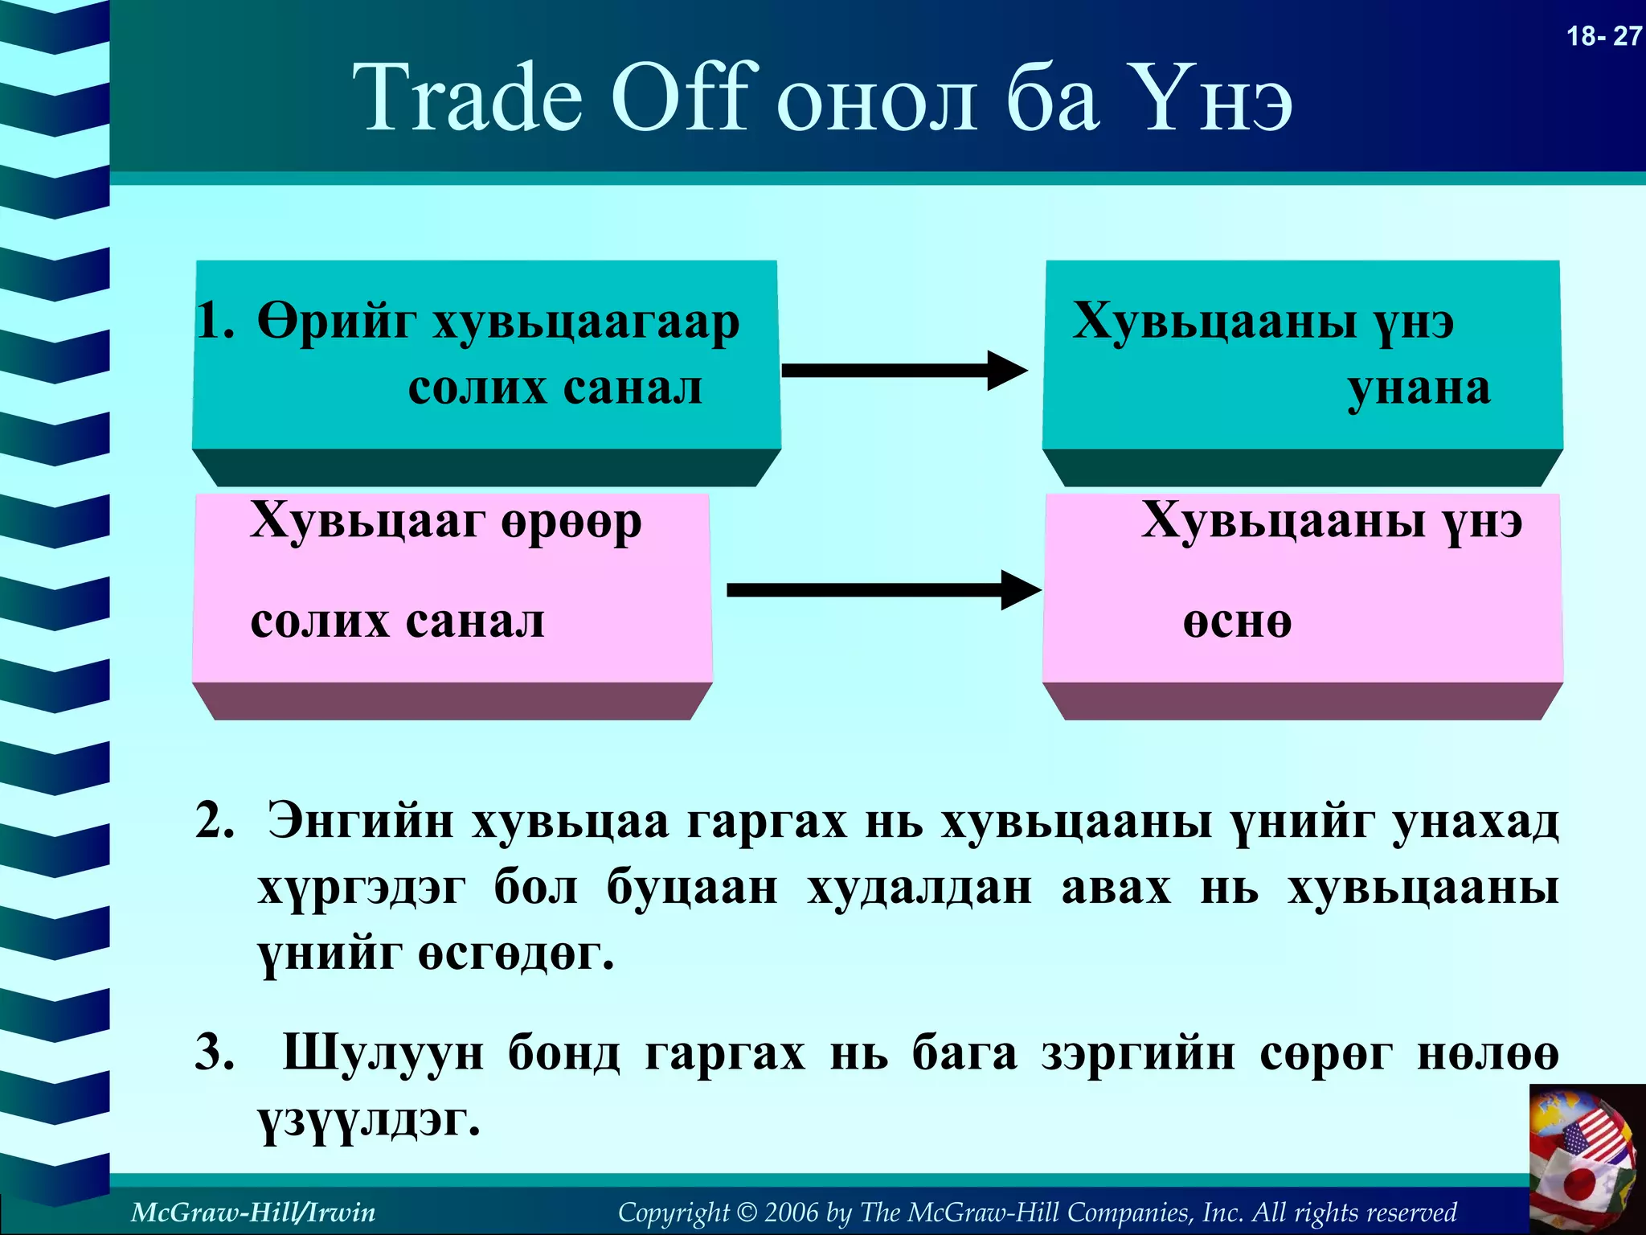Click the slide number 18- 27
[1603, 36]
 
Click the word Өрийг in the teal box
[336, 323]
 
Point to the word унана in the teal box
[1419, 389]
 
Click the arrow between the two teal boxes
[904, 371]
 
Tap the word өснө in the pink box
[1237, 622]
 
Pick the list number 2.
[215, 822]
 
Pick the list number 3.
[215, 1052]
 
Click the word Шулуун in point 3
[383, 1053]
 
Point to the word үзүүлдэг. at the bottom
[369, 1121]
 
